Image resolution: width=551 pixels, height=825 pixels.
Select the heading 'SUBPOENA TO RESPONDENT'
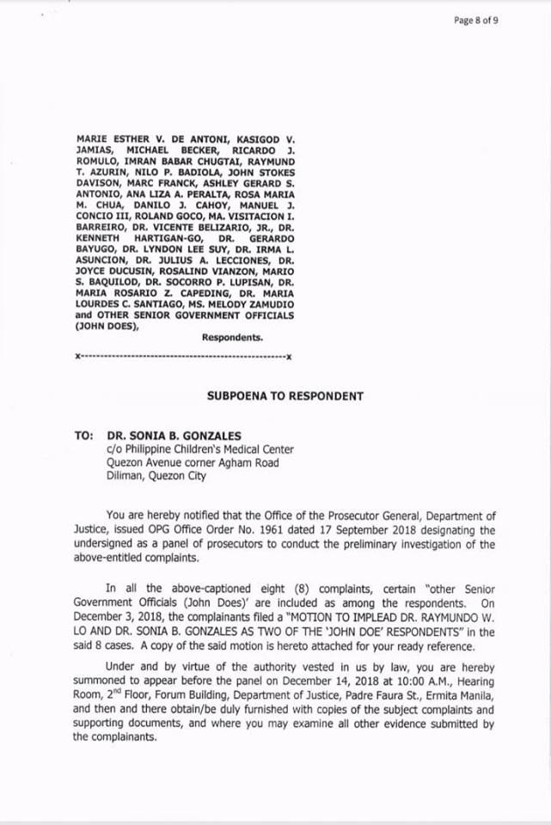tap(285, 396)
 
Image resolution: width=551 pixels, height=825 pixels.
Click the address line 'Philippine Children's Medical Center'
tap(207, 449)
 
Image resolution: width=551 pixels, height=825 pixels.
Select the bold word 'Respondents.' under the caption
tap(232, 338)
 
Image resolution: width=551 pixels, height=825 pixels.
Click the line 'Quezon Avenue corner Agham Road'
tap(192, 462)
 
